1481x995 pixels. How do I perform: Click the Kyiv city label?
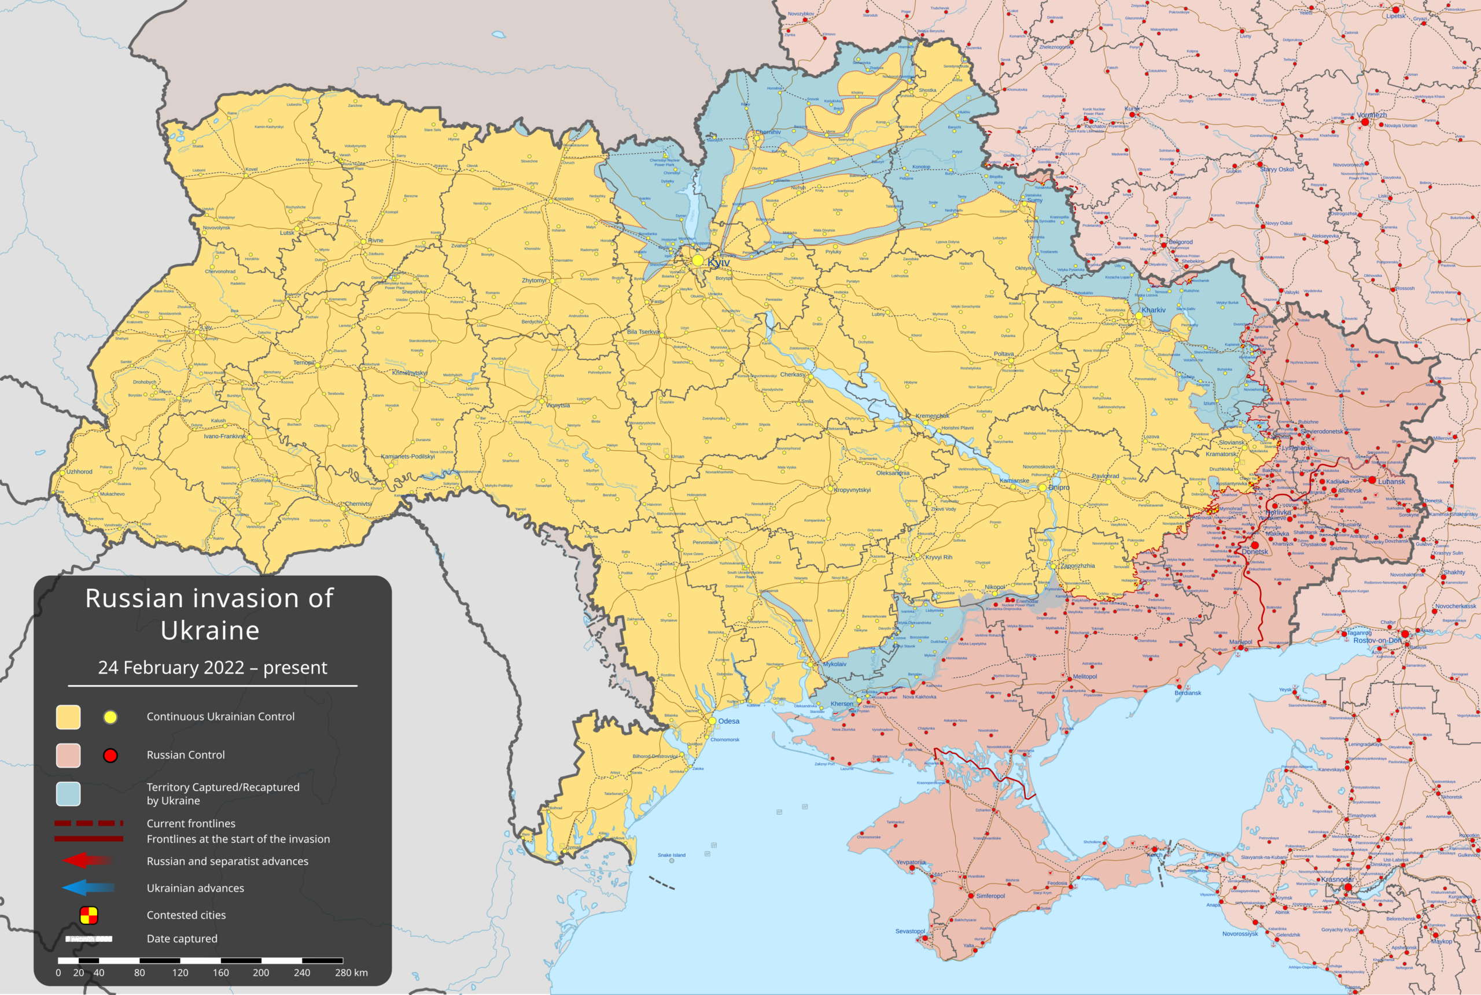[719, 262]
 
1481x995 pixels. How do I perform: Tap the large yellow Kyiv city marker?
[698, 261]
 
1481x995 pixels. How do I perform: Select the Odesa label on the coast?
[729, 721]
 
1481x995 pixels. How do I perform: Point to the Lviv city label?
[207, 327]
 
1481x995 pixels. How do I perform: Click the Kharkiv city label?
[1154, 310]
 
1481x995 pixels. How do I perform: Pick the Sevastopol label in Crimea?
[909, 931]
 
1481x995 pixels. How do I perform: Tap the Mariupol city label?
[1240, 642]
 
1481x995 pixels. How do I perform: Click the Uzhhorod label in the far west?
[79, 471]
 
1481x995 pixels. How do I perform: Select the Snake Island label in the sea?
[672, 855]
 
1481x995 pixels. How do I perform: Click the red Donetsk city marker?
[1255, 545]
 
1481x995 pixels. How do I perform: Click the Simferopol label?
[990, 896]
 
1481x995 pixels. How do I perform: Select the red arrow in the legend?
[87, 861]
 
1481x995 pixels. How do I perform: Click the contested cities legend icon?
[89, 915]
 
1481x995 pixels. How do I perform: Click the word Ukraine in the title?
[209, 630]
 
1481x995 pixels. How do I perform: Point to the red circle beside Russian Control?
[110, 755]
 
